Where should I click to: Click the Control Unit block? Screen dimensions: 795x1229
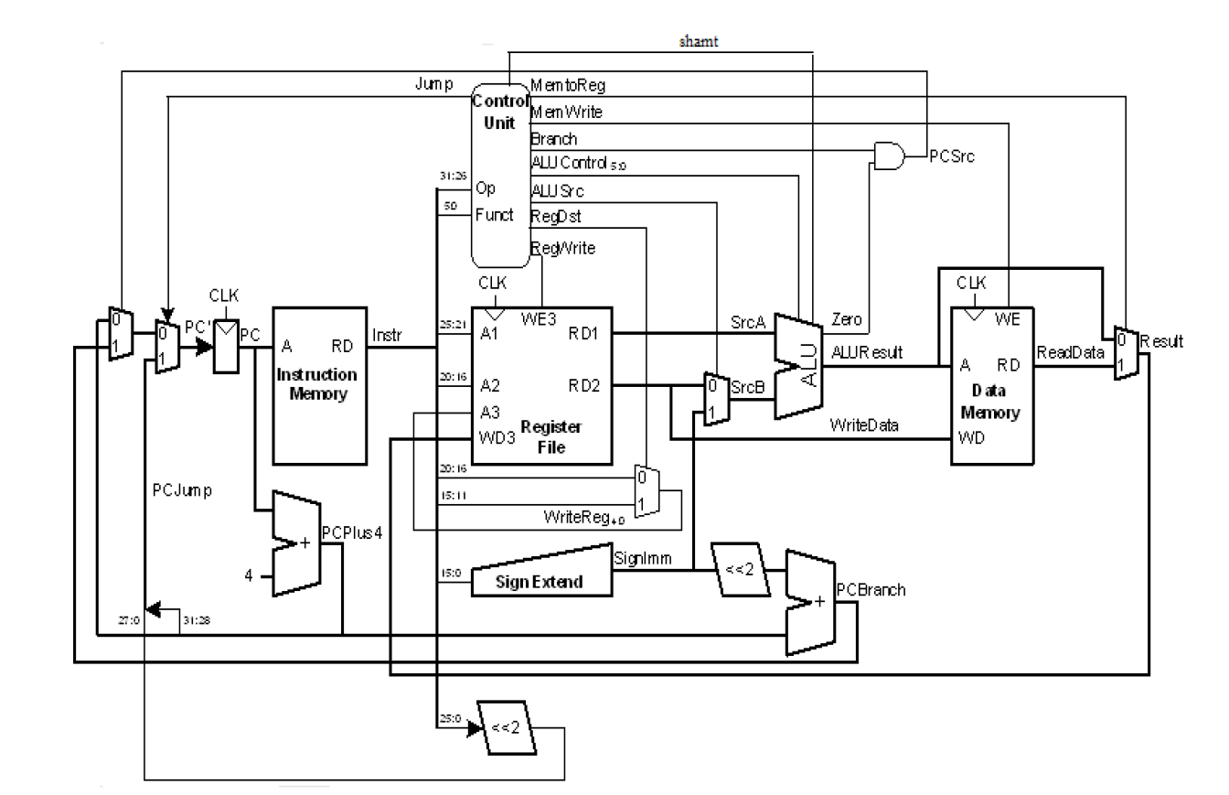pos(500,174)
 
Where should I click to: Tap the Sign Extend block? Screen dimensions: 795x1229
pos(541,579)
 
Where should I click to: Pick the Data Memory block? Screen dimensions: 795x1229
pos(992,389)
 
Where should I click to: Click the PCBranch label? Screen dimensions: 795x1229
pos(871,589)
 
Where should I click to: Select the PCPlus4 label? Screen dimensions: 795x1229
pos(351,533)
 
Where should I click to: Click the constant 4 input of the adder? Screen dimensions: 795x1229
pos(249,575)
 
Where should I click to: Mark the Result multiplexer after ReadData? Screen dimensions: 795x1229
pos(1126,353)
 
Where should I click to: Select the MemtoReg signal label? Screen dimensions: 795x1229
pos(568,85)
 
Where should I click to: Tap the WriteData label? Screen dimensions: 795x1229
pos(864,425)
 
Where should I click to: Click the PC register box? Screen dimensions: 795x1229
pos(225,347)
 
